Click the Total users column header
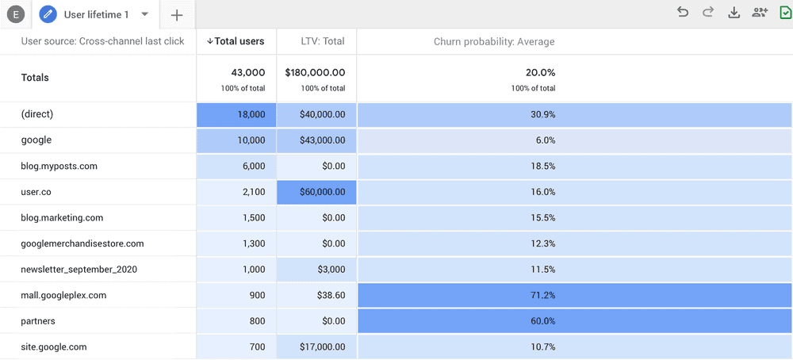pyautogui.click(x=236, y=41)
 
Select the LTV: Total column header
pyautogui.click(x=322, y=41)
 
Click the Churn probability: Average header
pyautogui.click(x=493, y=41)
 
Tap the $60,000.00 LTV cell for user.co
pyautogui.click(x=316, y=192)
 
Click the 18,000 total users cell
pyautogui.click(x=236, y=114)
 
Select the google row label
pyautogui.click(x=36, y=140)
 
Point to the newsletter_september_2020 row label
pyautogui.click(x=79, y=270)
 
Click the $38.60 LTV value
pyautogui.click(x=316, y=295)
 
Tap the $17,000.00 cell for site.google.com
pyautogui.click(x=316, y=347)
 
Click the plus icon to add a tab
pyautogui.click(x=177, y=15)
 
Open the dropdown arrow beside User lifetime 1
pyautogui.click(x=144, y=14)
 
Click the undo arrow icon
pyautogui.click(x=683, y=12)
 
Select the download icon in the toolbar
pyautogui.click(x=734, y=12)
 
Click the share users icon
pyautogui.click(x=760, y=12)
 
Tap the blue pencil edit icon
pyautogui.click(x=48, y=14)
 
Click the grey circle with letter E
pyautogui.click(x=16, y=15)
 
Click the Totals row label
pyautogui.click(x=35, y=78)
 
